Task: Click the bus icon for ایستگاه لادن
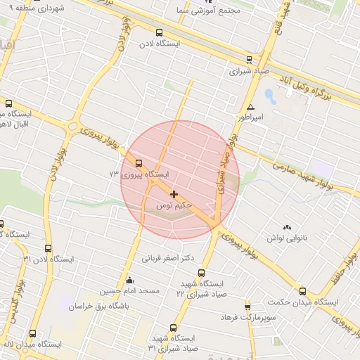pyautogui.click(x=159, y=32)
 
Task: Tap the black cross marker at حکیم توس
pyautogui.click(x=174, y=193)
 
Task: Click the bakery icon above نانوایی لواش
pyautogui.click(x=286, y=227)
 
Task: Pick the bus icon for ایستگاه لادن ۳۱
pyautogui.click(x=48, y=248)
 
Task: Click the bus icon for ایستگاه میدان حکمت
pyautogui.click(x=302, y=291)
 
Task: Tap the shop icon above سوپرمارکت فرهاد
pyautogui.click(x=247, y=307)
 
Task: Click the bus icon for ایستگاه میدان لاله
pyautogui.click(x=32, y=333)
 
